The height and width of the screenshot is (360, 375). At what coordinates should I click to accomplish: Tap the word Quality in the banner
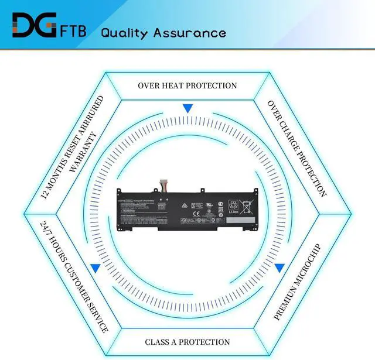[x=124, y=32]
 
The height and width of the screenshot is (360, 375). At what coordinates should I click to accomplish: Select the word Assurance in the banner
[x=189, y=32]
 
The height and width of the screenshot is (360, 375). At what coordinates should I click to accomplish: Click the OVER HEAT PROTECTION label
[x=187, y=85]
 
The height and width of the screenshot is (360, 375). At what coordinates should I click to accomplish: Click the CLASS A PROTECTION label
[x=187, y=342]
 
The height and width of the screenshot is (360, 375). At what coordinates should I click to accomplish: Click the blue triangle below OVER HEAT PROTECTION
[x=187, y=108]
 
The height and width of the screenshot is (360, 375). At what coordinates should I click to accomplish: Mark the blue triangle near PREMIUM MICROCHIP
[x=279, y=268]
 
